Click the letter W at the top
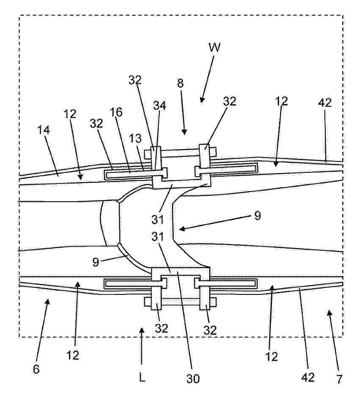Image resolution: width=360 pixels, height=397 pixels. pyautogui.click(x=214, y=47)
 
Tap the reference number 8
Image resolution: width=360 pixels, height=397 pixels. pyautogui.click(x=180, y=83)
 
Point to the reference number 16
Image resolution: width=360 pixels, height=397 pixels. pyautogui.click(x=117, y=112)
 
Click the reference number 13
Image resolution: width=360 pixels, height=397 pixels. pyautogui.click(x=136, y=139)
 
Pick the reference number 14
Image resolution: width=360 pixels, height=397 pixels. pyautogui.click(x=44, y=130)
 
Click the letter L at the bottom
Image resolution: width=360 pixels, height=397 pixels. pyautogui.click(x=142, y=378)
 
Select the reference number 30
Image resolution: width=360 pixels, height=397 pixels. pyautogui.click(x=193, y=379)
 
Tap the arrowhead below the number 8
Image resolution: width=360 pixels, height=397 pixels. pyautogui.click(x=185, y=132)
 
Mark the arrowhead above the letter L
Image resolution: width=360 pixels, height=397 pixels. pyautogui.click(x=142, y=331)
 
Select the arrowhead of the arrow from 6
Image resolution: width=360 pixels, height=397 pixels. pyautogui.click(x=47, y=302)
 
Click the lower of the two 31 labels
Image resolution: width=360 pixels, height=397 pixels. pyautogui.click(x=158, y=236)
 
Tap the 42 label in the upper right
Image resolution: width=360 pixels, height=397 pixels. pyautogui.click(x=325, y=103)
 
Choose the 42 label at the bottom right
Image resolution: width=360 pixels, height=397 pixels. pyautogui.click(x=308, y=377)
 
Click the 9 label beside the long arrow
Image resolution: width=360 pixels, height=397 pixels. pyautogui.click(x=257, y=216)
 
